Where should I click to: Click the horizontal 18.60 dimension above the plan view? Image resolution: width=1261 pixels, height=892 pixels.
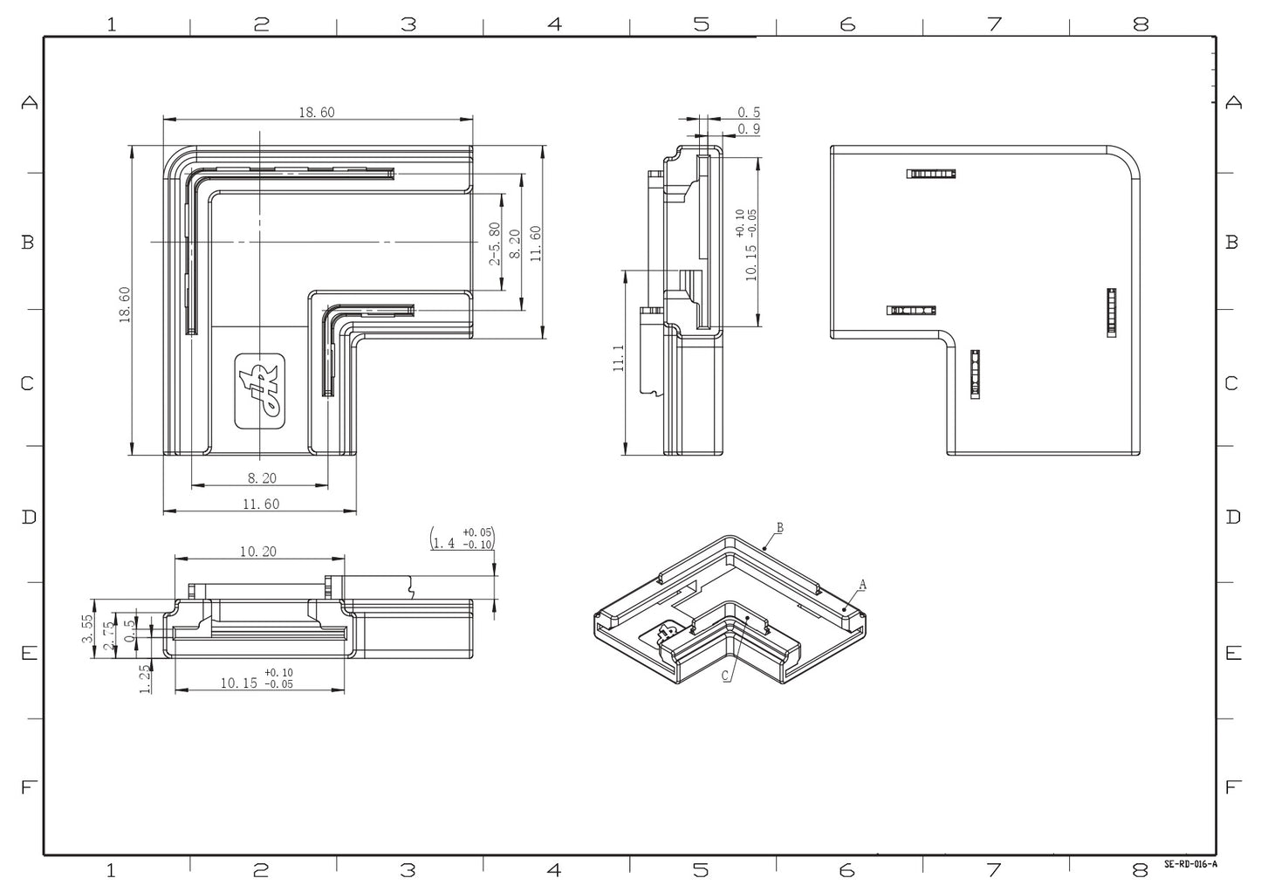317,112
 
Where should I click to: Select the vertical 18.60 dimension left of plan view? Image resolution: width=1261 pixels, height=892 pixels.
125,305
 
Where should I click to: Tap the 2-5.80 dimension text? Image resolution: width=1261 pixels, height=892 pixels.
495,244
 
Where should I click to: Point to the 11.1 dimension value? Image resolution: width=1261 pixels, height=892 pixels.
619,359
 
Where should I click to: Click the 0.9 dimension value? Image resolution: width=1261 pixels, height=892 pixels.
749,129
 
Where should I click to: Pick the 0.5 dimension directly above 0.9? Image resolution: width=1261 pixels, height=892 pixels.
749,113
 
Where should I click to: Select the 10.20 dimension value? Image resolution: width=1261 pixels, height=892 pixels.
257,551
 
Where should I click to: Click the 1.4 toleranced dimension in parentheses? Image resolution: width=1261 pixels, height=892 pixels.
463,538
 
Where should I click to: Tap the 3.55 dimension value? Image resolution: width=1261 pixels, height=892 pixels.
87,628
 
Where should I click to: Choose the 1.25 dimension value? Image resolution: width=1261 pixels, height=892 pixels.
145,678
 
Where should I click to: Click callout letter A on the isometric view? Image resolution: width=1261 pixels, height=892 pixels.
862,584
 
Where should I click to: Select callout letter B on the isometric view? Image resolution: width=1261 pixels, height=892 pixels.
780,527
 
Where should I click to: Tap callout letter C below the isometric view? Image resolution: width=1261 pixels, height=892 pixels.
725,676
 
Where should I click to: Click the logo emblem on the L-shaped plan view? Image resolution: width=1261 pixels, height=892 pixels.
260,391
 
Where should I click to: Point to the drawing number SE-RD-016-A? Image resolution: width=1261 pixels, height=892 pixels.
1189,864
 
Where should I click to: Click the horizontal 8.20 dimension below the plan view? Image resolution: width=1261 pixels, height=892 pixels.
262,477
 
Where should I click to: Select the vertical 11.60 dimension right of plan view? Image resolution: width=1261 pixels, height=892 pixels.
536,244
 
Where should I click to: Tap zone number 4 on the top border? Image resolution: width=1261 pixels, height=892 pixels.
554,24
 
